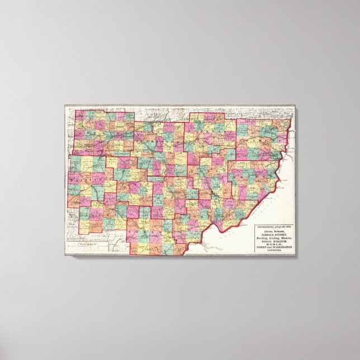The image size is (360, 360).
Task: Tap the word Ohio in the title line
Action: [288, 226]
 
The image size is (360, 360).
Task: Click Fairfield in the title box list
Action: [267, 234]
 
